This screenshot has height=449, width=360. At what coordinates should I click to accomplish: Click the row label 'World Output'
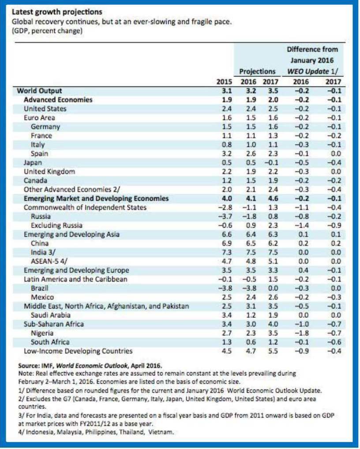pos(39,91)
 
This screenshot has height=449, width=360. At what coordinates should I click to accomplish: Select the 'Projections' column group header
pos(257,71)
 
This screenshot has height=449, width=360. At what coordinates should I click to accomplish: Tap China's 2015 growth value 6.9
pos(226,243)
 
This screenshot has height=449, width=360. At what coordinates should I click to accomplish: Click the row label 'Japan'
pos(33,162)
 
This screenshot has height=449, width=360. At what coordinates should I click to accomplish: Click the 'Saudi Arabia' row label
pos(50,315)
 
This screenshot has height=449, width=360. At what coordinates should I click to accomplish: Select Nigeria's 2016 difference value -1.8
pos(300,333)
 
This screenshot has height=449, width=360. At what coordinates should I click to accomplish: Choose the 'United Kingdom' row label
pos(49,171)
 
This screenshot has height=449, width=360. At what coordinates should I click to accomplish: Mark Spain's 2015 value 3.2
pos(226,153)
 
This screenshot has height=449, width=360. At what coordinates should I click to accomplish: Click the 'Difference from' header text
pos(312,49)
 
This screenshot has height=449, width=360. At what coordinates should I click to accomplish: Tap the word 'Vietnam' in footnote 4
pos(161,431)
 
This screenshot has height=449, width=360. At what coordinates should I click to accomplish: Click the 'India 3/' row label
pos(42,252)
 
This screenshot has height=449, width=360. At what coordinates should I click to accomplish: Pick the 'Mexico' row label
pos(42,297)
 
